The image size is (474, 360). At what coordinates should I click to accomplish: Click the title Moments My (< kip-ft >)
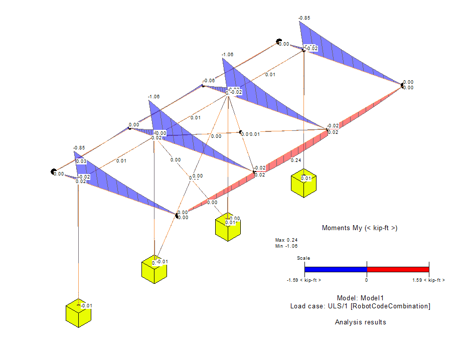click(x=360, y=228)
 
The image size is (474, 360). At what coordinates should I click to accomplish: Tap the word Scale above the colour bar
click(x=303, y=258)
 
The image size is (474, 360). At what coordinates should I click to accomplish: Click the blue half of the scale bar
click(x=336, y=269)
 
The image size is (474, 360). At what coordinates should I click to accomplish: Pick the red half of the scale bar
click(x=398, y=269)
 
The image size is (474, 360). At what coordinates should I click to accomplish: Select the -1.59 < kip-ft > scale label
click(x=304, y=280)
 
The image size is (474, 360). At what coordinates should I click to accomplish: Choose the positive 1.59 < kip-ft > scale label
click(x=428, y=280)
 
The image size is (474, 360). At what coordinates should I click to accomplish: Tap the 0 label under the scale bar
click(x=367, y=280)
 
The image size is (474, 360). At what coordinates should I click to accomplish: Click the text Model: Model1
click(x=360, y=298)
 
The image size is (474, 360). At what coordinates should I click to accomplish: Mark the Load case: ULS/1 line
click(x=360, y=306)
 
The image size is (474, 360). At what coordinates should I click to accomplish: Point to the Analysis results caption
click(x=360, y=322)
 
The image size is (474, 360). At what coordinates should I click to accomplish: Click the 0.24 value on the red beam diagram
click(x=296, y=160)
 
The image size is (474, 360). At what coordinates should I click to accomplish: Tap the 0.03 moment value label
click(x=81, y=161)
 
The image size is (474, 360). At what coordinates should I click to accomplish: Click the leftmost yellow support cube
click(x=78, y=314)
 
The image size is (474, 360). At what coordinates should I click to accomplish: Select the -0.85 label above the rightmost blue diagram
click(x=304, y=18)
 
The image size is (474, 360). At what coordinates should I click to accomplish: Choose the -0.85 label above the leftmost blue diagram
click(x=79, y=148)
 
